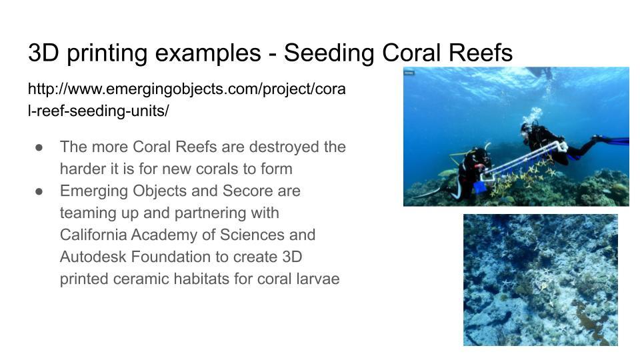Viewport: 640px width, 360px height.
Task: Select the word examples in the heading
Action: [208, 53]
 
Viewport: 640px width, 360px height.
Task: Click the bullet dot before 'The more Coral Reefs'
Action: [39, 147]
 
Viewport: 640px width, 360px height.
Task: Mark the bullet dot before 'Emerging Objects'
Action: [39, 191]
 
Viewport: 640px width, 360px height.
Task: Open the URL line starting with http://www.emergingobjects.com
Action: [187, 89]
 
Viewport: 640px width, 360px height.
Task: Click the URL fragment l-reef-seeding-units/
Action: [99, 111]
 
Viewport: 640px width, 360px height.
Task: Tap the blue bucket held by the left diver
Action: [480, 187]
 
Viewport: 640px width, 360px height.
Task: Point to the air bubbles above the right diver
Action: [532, 115]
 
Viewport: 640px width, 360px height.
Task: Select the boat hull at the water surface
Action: [539, 72]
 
